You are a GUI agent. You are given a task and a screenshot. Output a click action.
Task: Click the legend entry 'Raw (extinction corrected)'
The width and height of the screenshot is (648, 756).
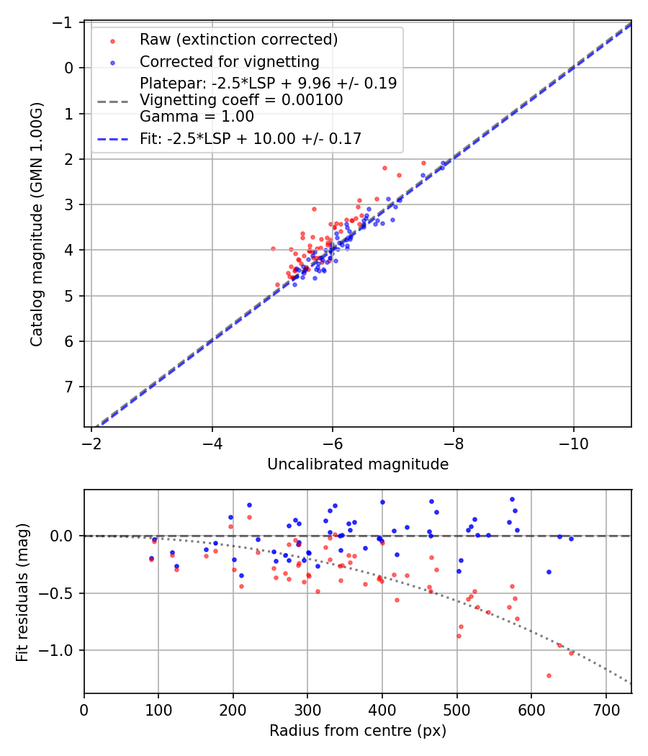238,39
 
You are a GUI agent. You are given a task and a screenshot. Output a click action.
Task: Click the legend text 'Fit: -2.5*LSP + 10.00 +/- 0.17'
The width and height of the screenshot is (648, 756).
251,139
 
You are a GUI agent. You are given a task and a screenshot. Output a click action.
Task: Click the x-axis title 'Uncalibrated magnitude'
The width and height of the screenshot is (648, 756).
358,464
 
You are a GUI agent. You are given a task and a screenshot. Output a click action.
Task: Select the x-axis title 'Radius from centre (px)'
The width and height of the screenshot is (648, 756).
358,731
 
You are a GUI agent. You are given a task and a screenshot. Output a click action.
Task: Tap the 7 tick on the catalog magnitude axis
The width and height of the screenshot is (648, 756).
70,387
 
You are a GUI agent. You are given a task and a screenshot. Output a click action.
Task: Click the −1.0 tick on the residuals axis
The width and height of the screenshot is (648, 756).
61,650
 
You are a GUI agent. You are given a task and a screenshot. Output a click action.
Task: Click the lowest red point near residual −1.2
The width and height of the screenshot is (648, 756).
549,675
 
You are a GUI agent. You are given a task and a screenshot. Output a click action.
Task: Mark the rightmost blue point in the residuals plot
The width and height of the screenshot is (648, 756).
571,539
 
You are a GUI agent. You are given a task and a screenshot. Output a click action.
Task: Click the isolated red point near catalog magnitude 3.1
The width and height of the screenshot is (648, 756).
314,209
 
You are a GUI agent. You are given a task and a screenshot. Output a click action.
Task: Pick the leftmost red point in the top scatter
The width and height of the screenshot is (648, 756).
273,248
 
